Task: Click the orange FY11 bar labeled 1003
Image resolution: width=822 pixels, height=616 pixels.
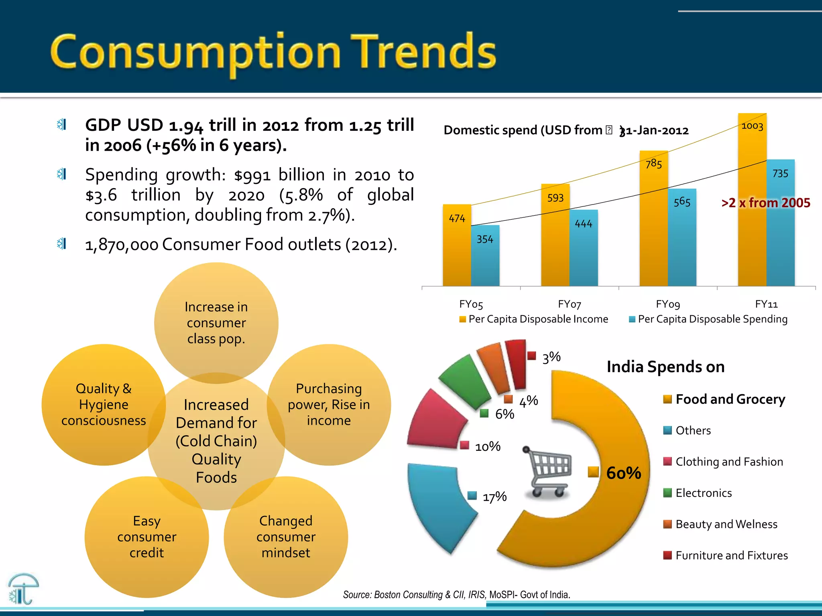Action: tap(752, 201)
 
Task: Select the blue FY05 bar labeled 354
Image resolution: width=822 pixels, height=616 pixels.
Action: tap(485, 257)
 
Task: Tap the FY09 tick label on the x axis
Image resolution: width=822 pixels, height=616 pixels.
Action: tap(668, 304)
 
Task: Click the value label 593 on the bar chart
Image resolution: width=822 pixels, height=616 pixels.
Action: tap(555, 198)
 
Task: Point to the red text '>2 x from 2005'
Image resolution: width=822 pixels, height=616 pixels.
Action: tap(765, 203)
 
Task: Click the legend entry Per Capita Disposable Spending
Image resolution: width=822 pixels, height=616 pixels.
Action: tap(708, 319)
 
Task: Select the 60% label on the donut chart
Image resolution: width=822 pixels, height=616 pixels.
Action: tap(623, 473)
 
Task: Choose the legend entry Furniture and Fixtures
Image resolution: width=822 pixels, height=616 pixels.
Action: tap(731, 555)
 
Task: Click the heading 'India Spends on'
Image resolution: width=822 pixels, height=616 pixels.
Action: tap(665, 367)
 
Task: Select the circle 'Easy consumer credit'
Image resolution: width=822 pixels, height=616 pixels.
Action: tap(147, 537)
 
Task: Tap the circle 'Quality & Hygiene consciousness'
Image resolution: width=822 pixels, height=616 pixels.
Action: tap(104, 404)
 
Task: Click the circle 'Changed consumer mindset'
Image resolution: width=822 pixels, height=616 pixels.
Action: tap(286, 537)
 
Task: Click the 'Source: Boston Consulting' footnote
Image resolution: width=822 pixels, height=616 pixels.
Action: tap(456, 595)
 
